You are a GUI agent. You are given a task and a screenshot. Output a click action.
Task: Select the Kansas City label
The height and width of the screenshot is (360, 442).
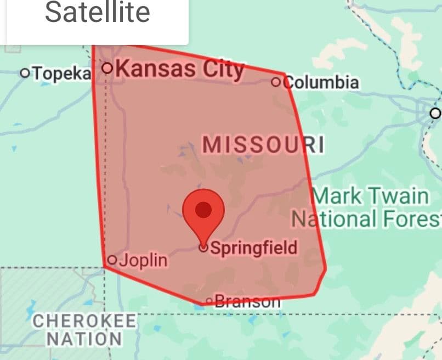[180, 69]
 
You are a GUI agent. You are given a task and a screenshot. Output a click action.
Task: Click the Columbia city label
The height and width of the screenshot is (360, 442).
[322, 82]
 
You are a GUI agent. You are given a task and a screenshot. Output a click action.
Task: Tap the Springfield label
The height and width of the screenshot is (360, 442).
[253, 248]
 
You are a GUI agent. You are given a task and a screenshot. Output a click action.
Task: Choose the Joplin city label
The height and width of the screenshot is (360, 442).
[143, 260]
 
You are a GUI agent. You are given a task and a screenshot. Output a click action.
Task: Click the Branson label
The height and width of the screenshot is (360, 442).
[247, 301]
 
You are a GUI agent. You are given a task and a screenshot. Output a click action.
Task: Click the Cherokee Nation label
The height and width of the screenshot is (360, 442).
[84, 329]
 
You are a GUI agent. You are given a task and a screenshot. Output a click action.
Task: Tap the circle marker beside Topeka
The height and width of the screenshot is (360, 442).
[25, 72]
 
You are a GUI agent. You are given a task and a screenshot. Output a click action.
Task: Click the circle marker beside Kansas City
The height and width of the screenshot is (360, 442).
[107, 68]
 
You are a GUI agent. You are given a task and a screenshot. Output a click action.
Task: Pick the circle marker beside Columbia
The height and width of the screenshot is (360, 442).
[276, 82]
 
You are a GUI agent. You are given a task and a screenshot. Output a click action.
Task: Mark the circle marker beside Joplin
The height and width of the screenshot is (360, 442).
[112, 260]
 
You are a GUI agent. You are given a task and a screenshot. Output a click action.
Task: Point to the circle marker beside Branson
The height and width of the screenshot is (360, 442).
[209, 301]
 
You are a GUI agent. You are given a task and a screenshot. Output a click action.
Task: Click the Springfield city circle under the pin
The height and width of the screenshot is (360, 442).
[203, 248]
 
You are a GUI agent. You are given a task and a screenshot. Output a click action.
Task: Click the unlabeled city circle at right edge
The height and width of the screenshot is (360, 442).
[435, 113]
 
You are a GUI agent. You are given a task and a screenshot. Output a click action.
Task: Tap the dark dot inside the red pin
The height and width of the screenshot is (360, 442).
[203, 209]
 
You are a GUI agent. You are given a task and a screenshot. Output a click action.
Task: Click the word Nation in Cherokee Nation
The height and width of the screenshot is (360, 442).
[84, 338]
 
